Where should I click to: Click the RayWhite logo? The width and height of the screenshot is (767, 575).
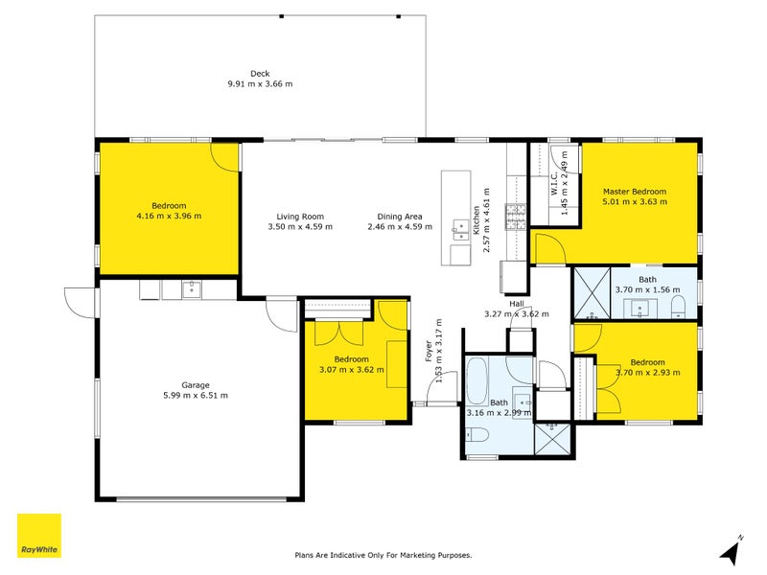point(39,537)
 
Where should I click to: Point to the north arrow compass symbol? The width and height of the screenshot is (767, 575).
point(732,550)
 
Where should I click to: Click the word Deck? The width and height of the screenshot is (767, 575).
point(260,74)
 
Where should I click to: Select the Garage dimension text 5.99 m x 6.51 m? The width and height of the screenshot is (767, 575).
point(196,395)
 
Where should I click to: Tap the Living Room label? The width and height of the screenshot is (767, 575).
point(300,217)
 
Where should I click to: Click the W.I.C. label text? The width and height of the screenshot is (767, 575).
point(555,188)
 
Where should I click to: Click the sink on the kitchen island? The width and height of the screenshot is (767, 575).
point(456,227)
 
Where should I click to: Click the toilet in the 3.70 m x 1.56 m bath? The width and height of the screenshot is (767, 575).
point(679,306)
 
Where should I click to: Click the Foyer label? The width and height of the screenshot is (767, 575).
point(429,352)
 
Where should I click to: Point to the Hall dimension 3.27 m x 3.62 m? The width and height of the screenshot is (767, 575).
point(516,313)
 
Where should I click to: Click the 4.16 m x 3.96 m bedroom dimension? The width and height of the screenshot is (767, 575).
point(169,216)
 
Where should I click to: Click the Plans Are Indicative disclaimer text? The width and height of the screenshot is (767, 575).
point(383,555)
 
